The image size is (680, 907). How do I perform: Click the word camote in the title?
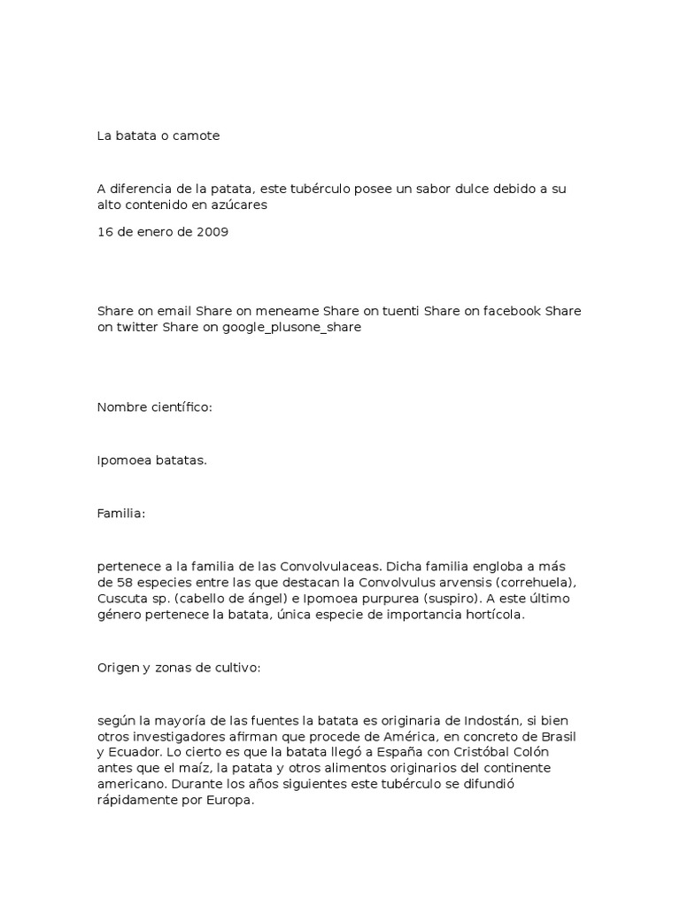click(197, 136)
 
